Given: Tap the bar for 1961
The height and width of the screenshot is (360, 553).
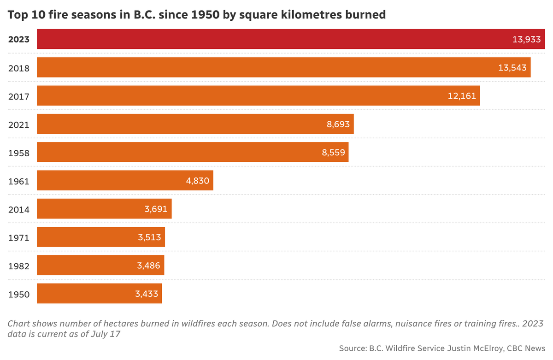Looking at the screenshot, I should [x=125, y=181].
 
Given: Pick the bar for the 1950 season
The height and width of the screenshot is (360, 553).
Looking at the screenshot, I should [x=100, y=294].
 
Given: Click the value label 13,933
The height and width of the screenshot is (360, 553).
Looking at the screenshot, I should [x=526, y=40].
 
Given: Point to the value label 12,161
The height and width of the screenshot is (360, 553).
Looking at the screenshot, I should [x=462, y=96].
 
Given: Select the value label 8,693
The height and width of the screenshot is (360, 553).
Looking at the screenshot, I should [x=335, y=124].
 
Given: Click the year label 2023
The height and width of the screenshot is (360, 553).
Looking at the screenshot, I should [x=19, y=40].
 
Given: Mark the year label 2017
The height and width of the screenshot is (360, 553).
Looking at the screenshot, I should [x=19, y=96].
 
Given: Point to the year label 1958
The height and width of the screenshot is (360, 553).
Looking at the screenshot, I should [x=19, y=153].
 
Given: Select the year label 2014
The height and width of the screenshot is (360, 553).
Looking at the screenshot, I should [x=19, y=210].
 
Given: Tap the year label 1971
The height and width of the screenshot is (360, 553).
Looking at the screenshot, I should [x=19, y=238].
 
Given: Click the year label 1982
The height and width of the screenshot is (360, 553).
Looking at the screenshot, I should [x=19, y=266].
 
